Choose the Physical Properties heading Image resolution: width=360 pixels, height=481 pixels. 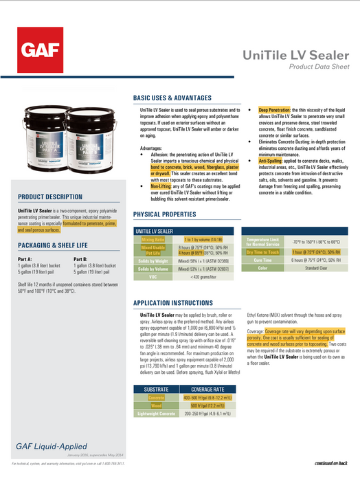164,214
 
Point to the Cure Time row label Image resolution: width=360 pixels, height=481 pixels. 262,260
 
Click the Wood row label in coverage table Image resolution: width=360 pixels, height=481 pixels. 157,406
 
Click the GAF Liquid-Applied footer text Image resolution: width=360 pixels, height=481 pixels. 45,448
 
